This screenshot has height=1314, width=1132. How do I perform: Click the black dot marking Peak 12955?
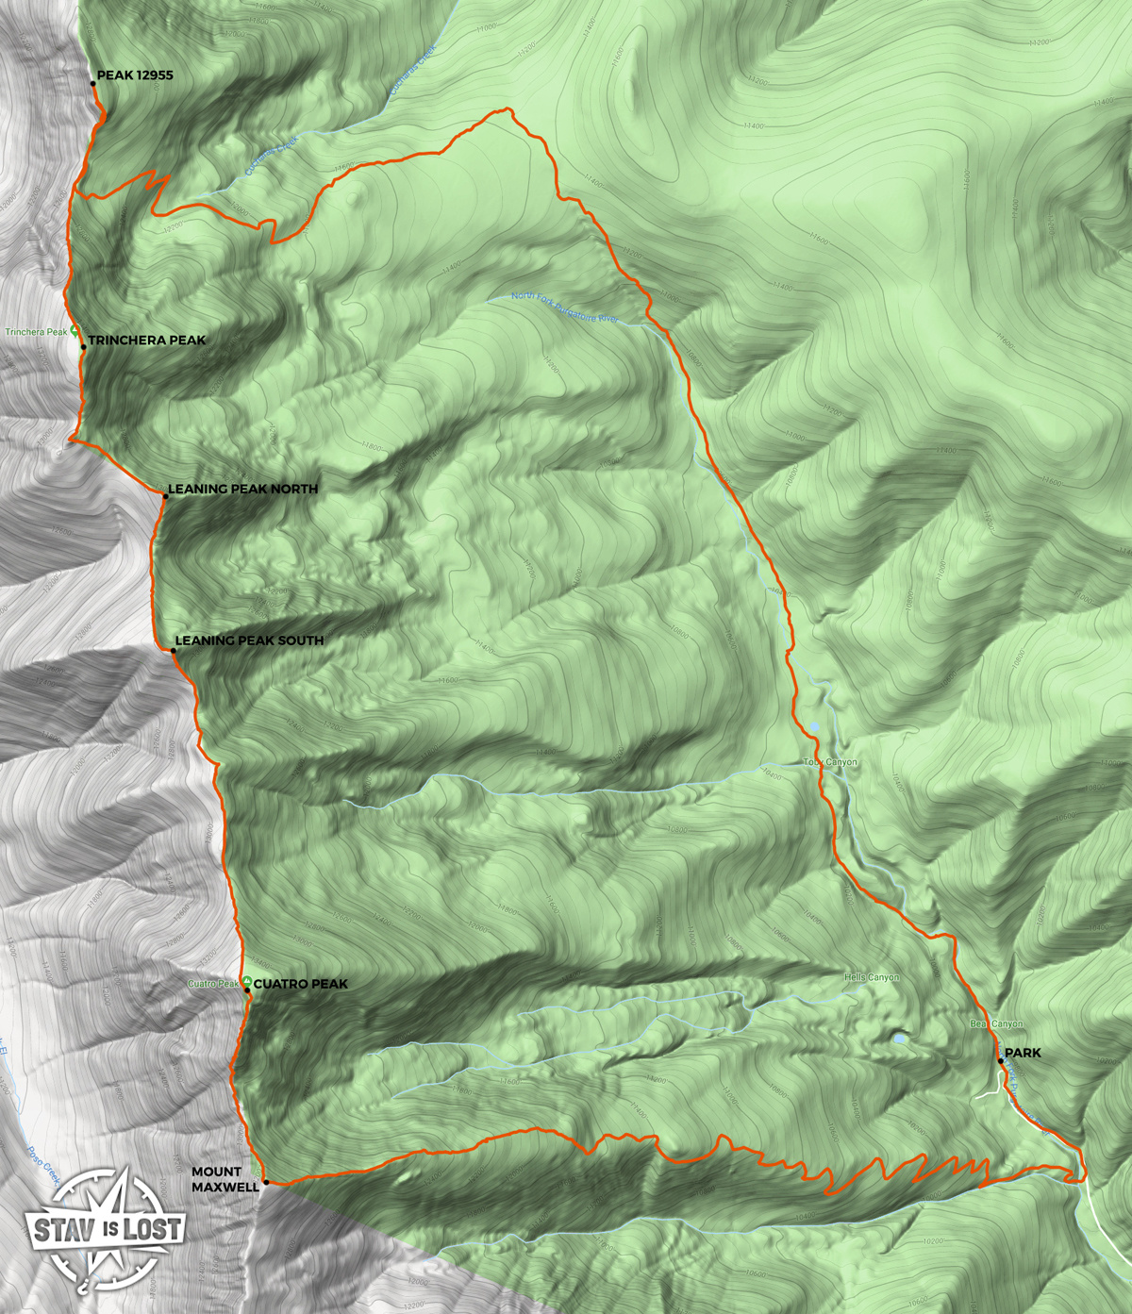(x=93, y=84)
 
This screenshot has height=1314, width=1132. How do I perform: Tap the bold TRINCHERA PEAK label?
(x=146, y=341)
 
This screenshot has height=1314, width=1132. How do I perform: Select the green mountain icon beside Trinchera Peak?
(x=75, y=332)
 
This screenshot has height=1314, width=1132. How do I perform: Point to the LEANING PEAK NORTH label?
(x=242, y=490)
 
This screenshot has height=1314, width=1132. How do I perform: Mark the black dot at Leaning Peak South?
(x=174, y=651)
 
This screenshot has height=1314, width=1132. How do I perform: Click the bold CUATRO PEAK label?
(x=301, y=984)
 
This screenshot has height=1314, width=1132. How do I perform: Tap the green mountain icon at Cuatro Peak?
(x=246, y=983)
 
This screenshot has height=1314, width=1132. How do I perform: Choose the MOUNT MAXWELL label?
(x=225, y=1179)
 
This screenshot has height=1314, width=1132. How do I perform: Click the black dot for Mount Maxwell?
(x=266, y=1182)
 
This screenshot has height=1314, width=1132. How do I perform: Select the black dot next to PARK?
(x=1000, y=1061)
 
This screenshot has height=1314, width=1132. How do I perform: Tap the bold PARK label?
(x=1023, y=1053)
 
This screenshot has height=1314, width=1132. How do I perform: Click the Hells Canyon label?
(x=872, y=978)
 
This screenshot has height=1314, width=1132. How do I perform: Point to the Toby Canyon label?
(x=830, y=762)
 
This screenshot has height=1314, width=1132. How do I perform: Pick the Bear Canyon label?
(x=995, y=1024)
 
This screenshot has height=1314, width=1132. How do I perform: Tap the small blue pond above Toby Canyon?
(x=814, y=726)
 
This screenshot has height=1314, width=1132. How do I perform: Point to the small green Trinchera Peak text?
(x=36, y=332)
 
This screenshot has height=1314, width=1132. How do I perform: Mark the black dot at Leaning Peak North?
(x=163, y=495)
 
